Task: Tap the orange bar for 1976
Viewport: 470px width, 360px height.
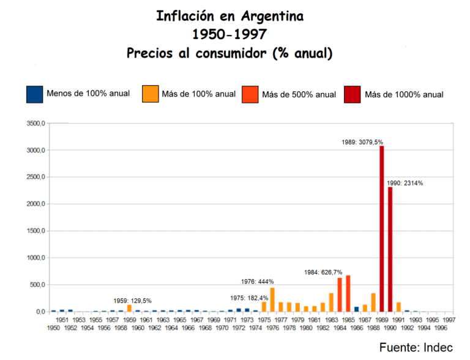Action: (272, 299)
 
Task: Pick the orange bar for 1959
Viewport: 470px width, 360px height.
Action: (129, 308)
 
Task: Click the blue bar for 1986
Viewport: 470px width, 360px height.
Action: (356, 309)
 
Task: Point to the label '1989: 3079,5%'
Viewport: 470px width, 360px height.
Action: (362, 142)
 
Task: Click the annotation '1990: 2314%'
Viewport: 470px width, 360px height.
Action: (405, 183)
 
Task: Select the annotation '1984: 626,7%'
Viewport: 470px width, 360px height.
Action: (323, 272)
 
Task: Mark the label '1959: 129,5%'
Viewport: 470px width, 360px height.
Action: (132, 301)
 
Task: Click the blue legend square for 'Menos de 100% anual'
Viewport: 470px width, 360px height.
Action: (34, 94)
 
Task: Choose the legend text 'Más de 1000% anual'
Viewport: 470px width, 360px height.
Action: (404, 94)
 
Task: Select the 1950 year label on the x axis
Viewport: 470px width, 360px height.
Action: (54, 328)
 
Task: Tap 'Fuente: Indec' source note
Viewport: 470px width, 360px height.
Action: (416, 347)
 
